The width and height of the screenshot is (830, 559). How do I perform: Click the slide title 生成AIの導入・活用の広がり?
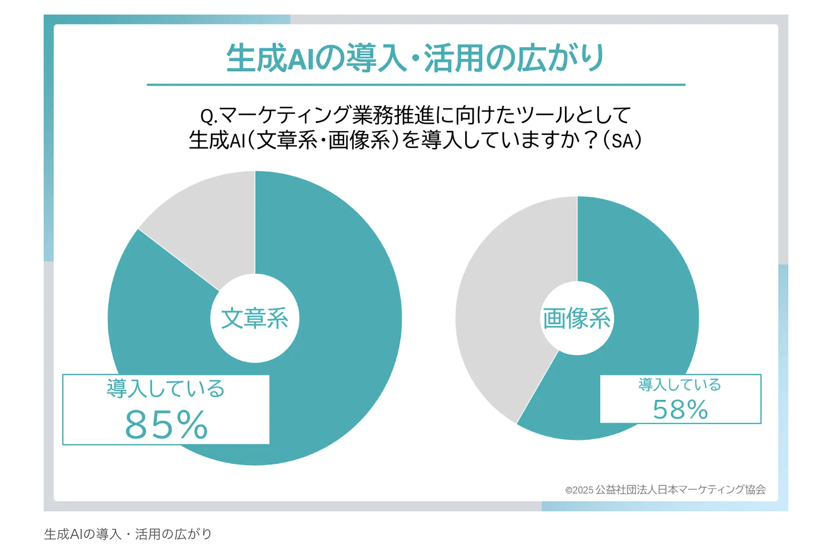(x=416, y=58)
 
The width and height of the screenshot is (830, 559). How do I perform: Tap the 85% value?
(x=166, y=425)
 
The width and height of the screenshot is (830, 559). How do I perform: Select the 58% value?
(x=680, y=409)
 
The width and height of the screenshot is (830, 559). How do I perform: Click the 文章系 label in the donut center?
(x=255, y=319)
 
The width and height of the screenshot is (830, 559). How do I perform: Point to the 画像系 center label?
(x=577, y=319)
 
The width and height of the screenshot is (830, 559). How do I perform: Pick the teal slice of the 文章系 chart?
(x=341, y=301)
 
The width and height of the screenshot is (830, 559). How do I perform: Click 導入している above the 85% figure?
(x=166, y=389)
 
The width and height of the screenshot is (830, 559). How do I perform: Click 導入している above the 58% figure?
(x=679, y=385)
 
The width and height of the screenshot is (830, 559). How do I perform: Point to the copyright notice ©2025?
(x=580, y=490)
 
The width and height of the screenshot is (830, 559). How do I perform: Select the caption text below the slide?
(x=128, y=534)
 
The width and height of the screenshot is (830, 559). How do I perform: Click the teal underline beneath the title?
(x=416, y=85)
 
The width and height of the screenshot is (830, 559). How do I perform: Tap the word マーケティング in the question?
(x=284, y=115)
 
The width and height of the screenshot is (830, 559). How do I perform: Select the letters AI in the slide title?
(x=301, y=59)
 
